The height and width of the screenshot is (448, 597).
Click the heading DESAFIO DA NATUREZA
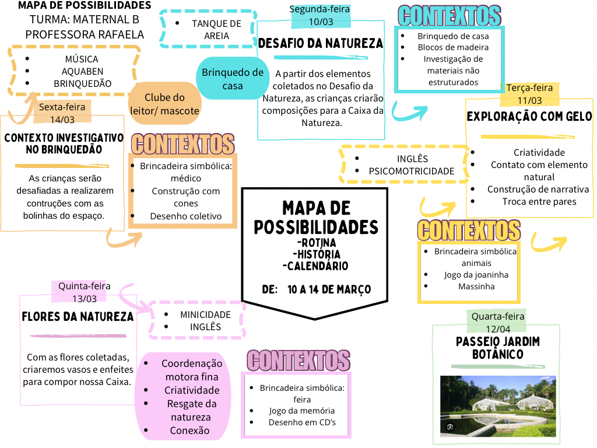click(321, 43)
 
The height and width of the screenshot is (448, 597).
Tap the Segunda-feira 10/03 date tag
click(321, 16)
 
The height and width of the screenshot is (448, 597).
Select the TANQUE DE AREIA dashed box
click(208, 29)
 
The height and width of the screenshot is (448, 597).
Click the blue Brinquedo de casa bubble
click(232, 79)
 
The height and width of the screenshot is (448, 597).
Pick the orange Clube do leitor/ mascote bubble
click(164, 104)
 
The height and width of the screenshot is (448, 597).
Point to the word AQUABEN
click(83, 71)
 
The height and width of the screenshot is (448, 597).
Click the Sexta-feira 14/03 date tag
click(62, 113)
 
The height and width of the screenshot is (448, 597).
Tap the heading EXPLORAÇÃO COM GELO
click(529, 116)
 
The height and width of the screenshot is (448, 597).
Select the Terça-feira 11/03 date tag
click(529, 94)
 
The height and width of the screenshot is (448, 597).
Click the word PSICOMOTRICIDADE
click(412, 171)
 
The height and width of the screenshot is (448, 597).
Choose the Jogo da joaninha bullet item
click(476, 275)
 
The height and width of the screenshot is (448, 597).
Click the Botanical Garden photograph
click(498, 406)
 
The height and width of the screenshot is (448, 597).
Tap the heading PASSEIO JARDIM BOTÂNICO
click(498, 348)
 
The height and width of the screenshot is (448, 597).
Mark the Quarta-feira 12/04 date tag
click(497, 322)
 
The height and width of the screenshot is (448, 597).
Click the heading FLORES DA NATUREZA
click(78, 317)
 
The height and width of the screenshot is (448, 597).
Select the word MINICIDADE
click(206, 314)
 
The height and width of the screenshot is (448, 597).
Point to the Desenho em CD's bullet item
click(302, 422)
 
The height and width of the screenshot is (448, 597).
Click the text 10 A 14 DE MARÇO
click(329, 289)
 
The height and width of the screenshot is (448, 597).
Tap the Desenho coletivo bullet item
click(186, 216)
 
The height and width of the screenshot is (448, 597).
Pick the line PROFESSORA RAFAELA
click(85, 34)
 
